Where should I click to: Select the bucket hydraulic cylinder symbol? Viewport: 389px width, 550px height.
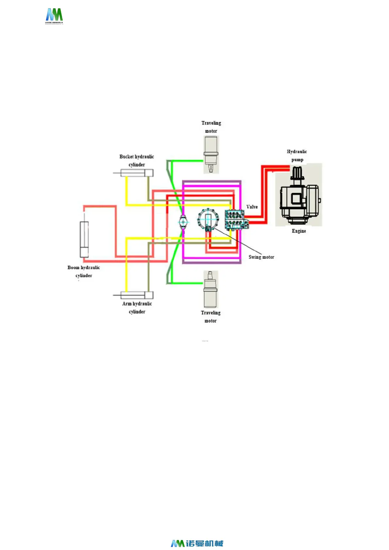click(x=137, y=173)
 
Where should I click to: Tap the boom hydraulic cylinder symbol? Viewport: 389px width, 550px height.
click(x=84, y=239)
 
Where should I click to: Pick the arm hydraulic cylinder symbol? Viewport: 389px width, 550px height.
click(x=137, y=295)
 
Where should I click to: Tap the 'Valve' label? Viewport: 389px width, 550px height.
click(x=252, y=207)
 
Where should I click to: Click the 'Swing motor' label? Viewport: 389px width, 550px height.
click(x=261, y=257)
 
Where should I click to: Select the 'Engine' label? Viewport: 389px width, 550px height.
click(x=299, y=231)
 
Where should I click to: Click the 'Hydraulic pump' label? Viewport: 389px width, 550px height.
click(x=297, y=155)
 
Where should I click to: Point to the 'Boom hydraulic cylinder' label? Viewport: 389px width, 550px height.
click(x=84, y=271)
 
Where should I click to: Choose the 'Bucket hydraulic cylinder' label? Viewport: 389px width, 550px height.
click(x=137, y=160)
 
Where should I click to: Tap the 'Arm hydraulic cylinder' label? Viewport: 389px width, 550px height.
click(x=137, y=307)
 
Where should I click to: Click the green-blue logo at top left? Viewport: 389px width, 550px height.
click(x=54, y=16)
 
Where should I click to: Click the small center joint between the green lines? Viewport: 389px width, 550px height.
click(x=183, y=222)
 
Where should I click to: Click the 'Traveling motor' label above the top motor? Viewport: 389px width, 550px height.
click(x=211, y=127)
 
